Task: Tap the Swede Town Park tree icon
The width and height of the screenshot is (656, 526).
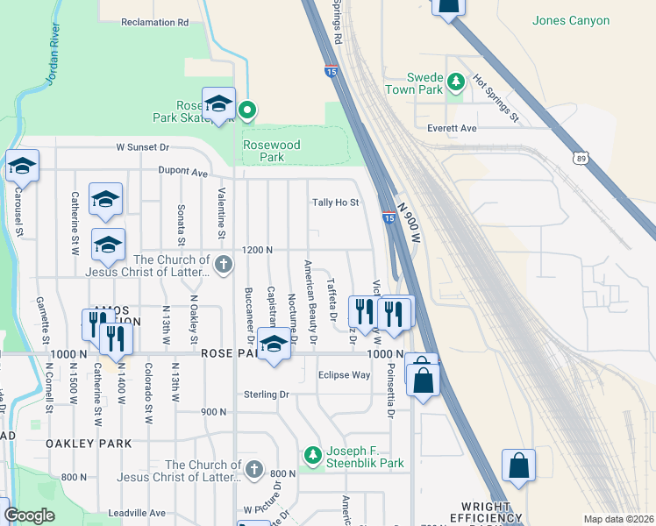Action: coord(455,82)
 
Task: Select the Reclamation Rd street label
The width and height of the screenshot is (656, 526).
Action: coord(155,22)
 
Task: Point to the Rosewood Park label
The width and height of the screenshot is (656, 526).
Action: coord(271,151)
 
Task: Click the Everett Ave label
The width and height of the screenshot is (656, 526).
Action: coord(452,128)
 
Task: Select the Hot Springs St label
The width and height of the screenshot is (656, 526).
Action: coord(496,96)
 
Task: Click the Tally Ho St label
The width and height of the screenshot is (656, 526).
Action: coord(336,203)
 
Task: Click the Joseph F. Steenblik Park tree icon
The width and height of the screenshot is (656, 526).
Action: coord(313,454)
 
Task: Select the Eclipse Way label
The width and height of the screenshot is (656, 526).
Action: coord(344,375)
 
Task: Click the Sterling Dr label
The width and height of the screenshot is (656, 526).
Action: coord(267,394)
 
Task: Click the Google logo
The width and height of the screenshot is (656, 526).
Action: coord(30,515)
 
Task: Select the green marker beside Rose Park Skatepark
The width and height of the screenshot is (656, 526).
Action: coord(247,110)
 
